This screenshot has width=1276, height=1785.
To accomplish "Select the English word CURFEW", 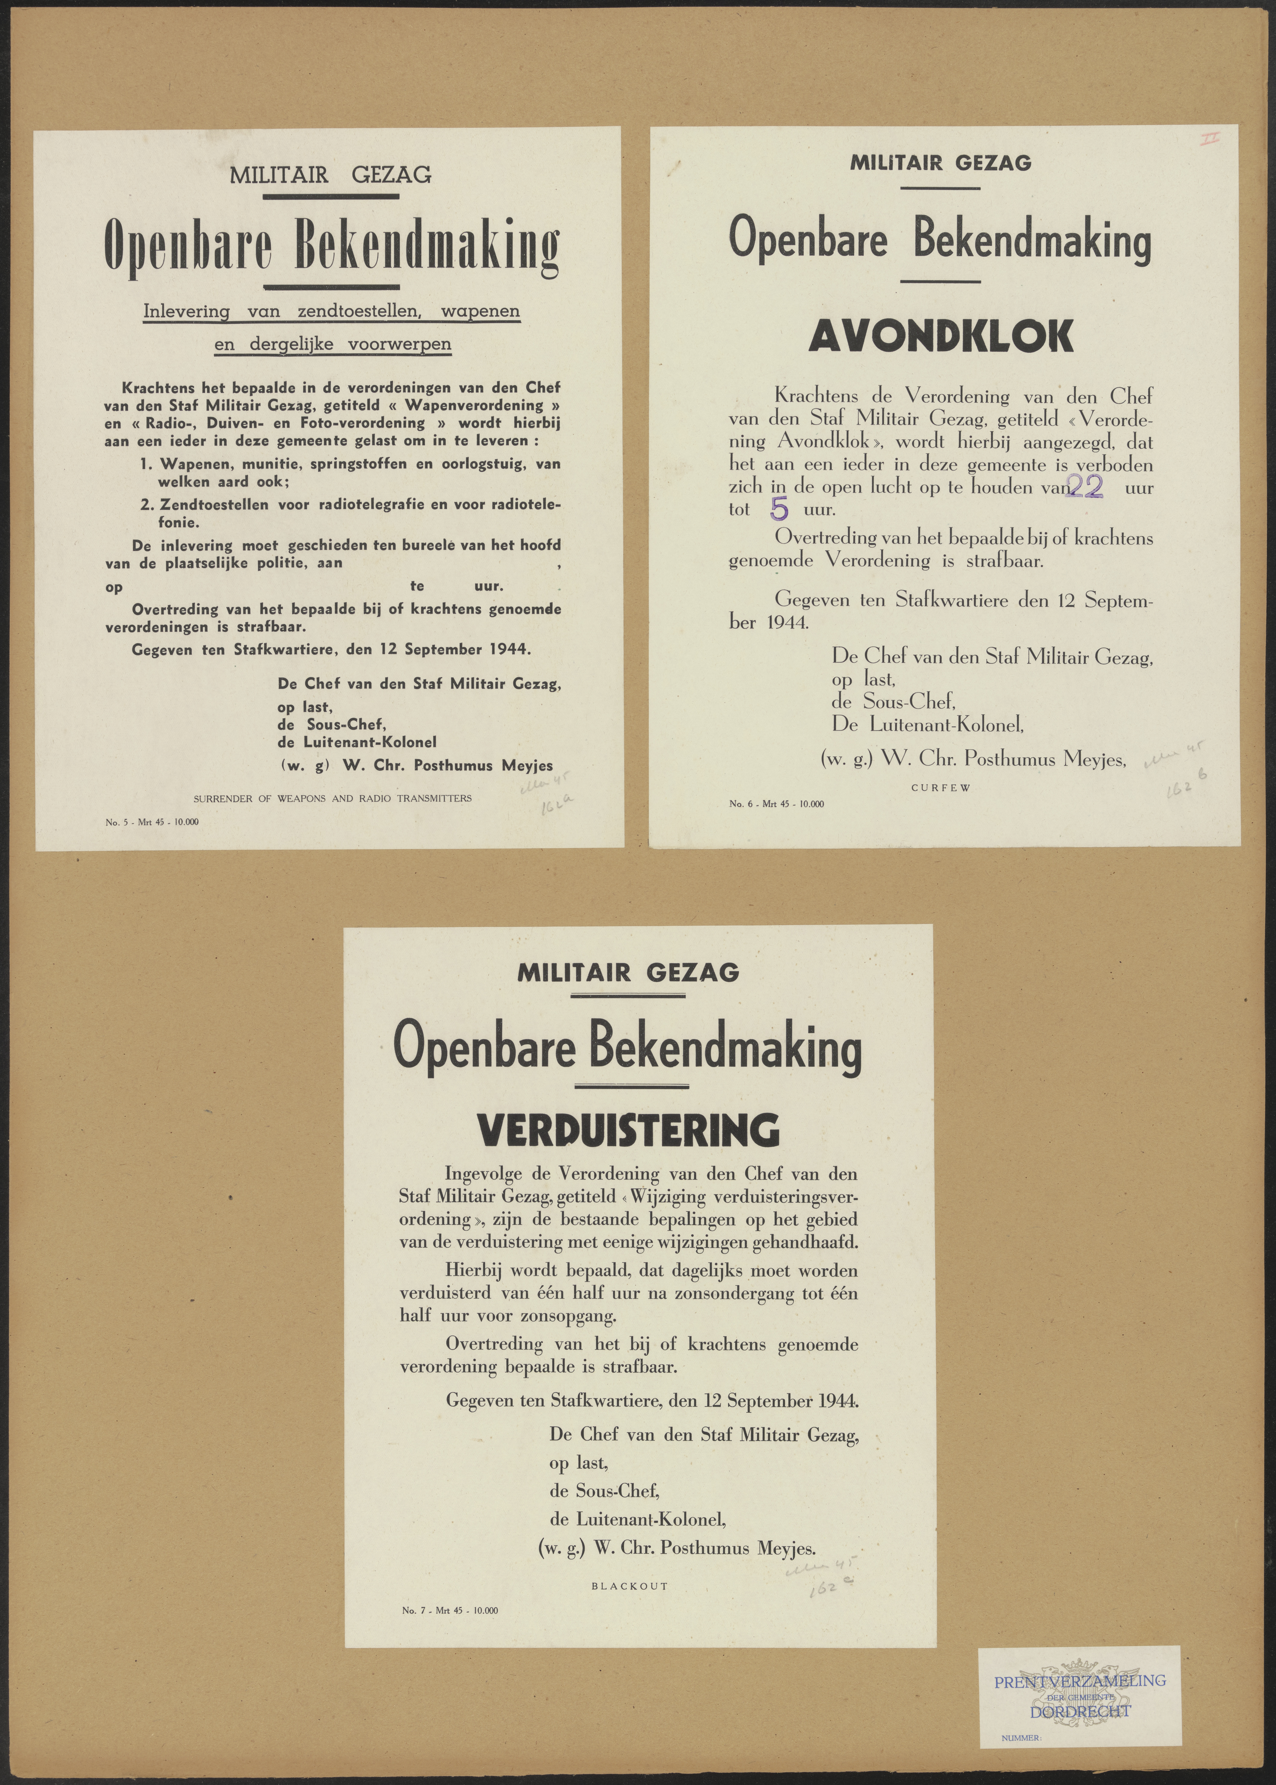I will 941,788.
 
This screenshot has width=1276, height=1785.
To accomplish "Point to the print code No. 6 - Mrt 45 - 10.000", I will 776,804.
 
